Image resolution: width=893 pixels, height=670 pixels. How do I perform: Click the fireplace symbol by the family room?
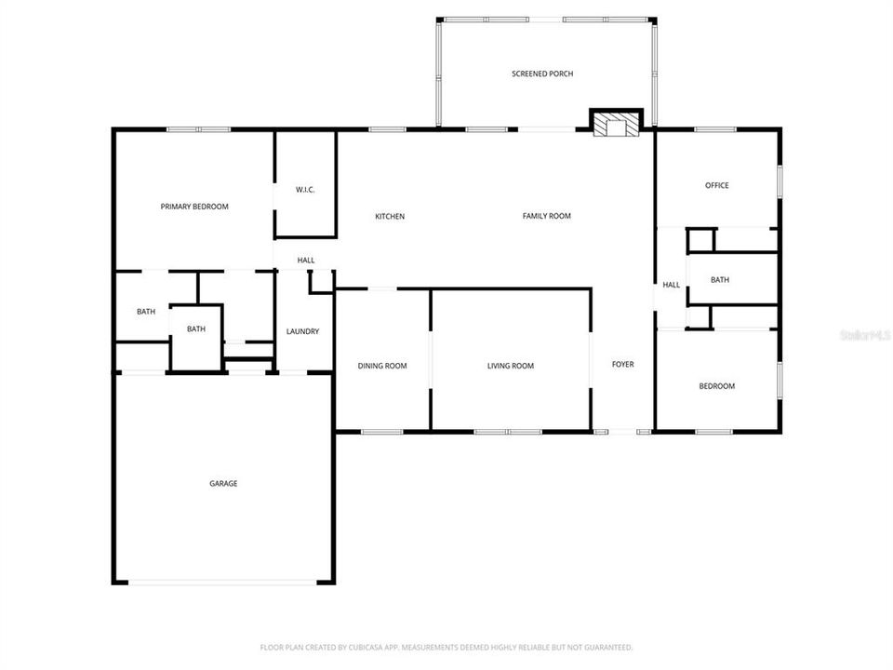(617, 125)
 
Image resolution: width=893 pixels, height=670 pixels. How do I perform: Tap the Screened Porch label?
(542, 74)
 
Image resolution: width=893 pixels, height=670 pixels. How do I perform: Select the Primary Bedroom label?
(194, 207)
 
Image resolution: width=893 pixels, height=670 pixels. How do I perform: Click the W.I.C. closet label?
(305, 190)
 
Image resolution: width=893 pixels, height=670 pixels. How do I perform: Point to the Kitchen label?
(390, 217)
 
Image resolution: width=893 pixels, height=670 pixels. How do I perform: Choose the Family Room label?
(546, 216)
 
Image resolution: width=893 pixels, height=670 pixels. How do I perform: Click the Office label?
(716, 185)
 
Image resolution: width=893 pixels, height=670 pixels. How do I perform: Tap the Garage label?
(223, 483)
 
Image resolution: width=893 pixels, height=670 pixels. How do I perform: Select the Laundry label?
(303, 331)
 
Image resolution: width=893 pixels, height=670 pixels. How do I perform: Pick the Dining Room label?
(382, 366)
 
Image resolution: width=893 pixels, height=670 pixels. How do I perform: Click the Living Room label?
(511, 366)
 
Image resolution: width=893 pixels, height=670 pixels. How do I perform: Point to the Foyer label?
(622, 364)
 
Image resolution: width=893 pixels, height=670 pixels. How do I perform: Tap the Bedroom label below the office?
(716, 386)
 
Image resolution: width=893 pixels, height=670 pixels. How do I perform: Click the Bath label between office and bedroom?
(720, 280)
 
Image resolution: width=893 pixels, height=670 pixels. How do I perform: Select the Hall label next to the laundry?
(306, 261)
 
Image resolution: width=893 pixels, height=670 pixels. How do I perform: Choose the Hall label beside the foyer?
(671, 285)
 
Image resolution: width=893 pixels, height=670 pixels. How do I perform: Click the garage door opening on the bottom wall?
(223, 583)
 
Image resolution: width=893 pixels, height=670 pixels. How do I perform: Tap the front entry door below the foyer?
(622, 432)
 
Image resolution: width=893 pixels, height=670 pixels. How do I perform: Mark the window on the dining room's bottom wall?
(381, 432)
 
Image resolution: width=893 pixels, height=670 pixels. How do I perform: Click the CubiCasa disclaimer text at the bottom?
(446, 647)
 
